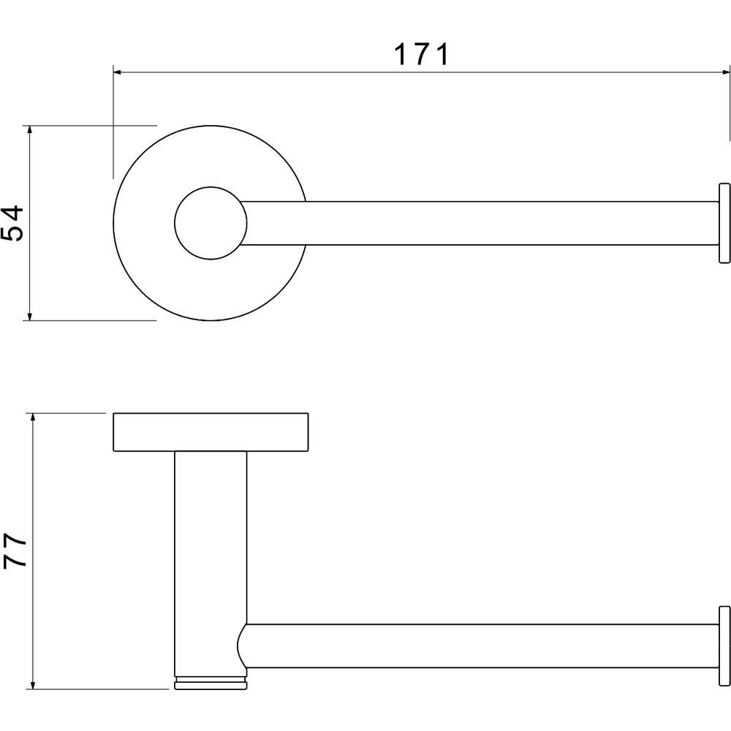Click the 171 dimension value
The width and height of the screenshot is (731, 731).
pyautogui.click(x=422, y=54)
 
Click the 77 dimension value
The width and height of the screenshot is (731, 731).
pyautogui.click(x=15, y=550)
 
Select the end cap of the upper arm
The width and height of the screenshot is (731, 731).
pyautogui.click(x=724, y=223)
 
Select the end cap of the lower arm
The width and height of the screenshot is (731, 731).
pyautogui.click(x=724, y=645)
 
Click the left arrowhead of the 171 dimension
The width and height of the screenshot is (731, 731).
pyautogui.click(x=118, y=72)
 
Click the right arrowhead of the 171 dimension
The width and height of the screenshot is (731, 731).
pyautogui.click(x=725, y=72)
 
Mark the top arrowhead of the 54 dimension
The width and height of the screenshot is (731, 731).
pyautogui.click(x=29, y=130)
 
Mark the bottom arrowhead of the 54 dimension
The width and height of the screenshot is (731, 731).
pyautogui.click(x=29, y=316)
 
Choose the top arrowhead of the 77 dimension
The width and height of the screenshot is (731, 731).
pyautogui.click(x=33, y=417)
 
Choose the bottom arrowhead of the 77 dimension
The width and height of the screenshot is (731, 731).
pyautogui.click(x=33, y=684)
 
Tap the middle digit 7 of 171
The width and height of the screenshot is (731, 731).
pyautogui.click(x=422, y=54)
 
